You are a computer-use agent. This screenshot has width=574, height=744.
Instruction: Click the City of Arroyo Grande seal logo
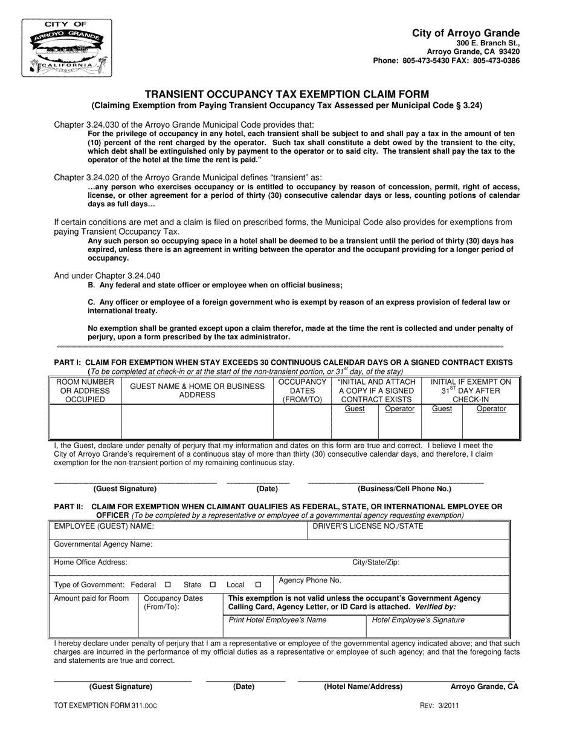[67, 48]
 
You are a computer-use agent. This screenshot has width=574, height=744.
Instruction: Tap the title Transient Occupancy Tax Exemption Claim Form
[286, 94]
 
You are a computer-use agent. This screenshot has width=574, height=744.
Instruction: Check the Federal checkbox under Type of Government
[168, 585]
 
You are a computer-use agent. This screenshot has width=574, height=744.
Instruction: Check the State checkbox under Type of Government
[213, 585]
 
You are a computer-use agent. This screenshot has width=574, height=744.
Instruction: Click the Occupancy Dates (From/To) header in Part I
[302, 391]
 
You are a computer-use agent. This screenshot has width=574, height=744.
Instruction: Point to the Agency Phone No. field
[310, 580]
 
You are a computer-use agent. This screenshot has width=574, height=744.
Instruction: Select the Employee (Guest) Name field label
[104, 526]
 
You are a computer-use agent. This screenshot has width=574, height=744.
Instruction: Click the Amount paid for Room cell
[92, 598]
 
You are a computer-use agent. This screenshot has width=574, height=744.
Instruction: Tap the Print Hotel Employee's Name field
[277, 620]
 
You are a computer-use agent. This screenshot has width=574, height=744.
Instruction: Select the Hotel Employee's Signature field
[418, 620]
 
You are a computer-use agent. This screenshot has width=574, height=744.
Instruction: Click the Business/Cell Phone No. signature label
[404, 489]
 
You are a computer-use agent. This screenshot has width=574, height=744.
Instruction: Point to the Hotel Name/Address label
[363, 687]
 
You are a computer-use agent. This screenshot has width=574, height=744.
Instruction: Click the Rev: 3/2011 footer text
[439, 705]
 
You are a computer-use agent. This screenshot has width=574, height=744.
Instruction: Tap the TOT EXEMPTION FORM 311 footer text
[105, 705]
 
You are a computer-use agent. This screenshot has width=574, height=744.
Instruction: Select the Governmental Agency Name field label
[103, 544]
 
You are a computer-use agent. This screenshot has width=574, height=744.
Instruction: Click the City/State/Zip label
[376, 563]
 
